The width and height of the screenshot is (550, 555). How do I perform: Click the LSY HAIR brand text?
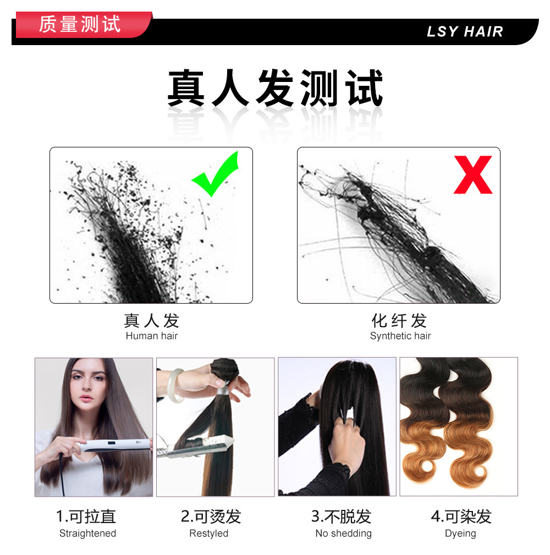coord(465,32)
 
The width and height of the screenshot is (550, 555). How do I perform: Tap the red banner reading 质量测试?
coord(80,25)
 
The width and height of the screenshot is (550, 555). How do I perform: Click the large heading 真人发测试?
coord(274,88)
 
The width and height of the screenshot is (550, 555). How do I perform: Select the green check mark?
coord(216,174)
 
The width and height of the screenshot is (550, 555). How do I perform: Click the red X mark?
coord(472,175)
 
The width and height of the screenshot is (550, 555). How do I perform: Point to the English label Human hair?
coord(151,336)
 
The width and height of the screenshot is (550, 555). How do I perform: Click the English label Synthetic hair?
coord(400,336)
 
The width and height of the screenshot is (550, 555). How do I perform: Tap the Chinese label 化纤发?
coord(399,321)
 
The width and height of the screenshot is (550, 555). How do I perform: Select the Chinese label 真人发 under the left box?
coord(151,321)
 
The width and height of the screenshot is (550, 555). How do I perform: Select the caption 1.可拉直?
coord(86,516)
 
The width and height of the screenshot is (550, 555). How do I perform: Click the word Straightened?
coord(87,534)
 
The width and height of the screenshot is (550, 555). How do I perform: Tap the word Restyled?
coord(208,534)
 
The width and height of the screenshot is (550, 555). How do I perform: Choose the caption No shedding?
coord(343,534)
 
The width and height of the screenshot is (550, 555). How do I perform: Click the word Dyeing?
coord(460,534)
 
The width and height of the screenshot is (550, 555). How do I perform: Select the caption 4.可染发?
coord(461,516)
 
